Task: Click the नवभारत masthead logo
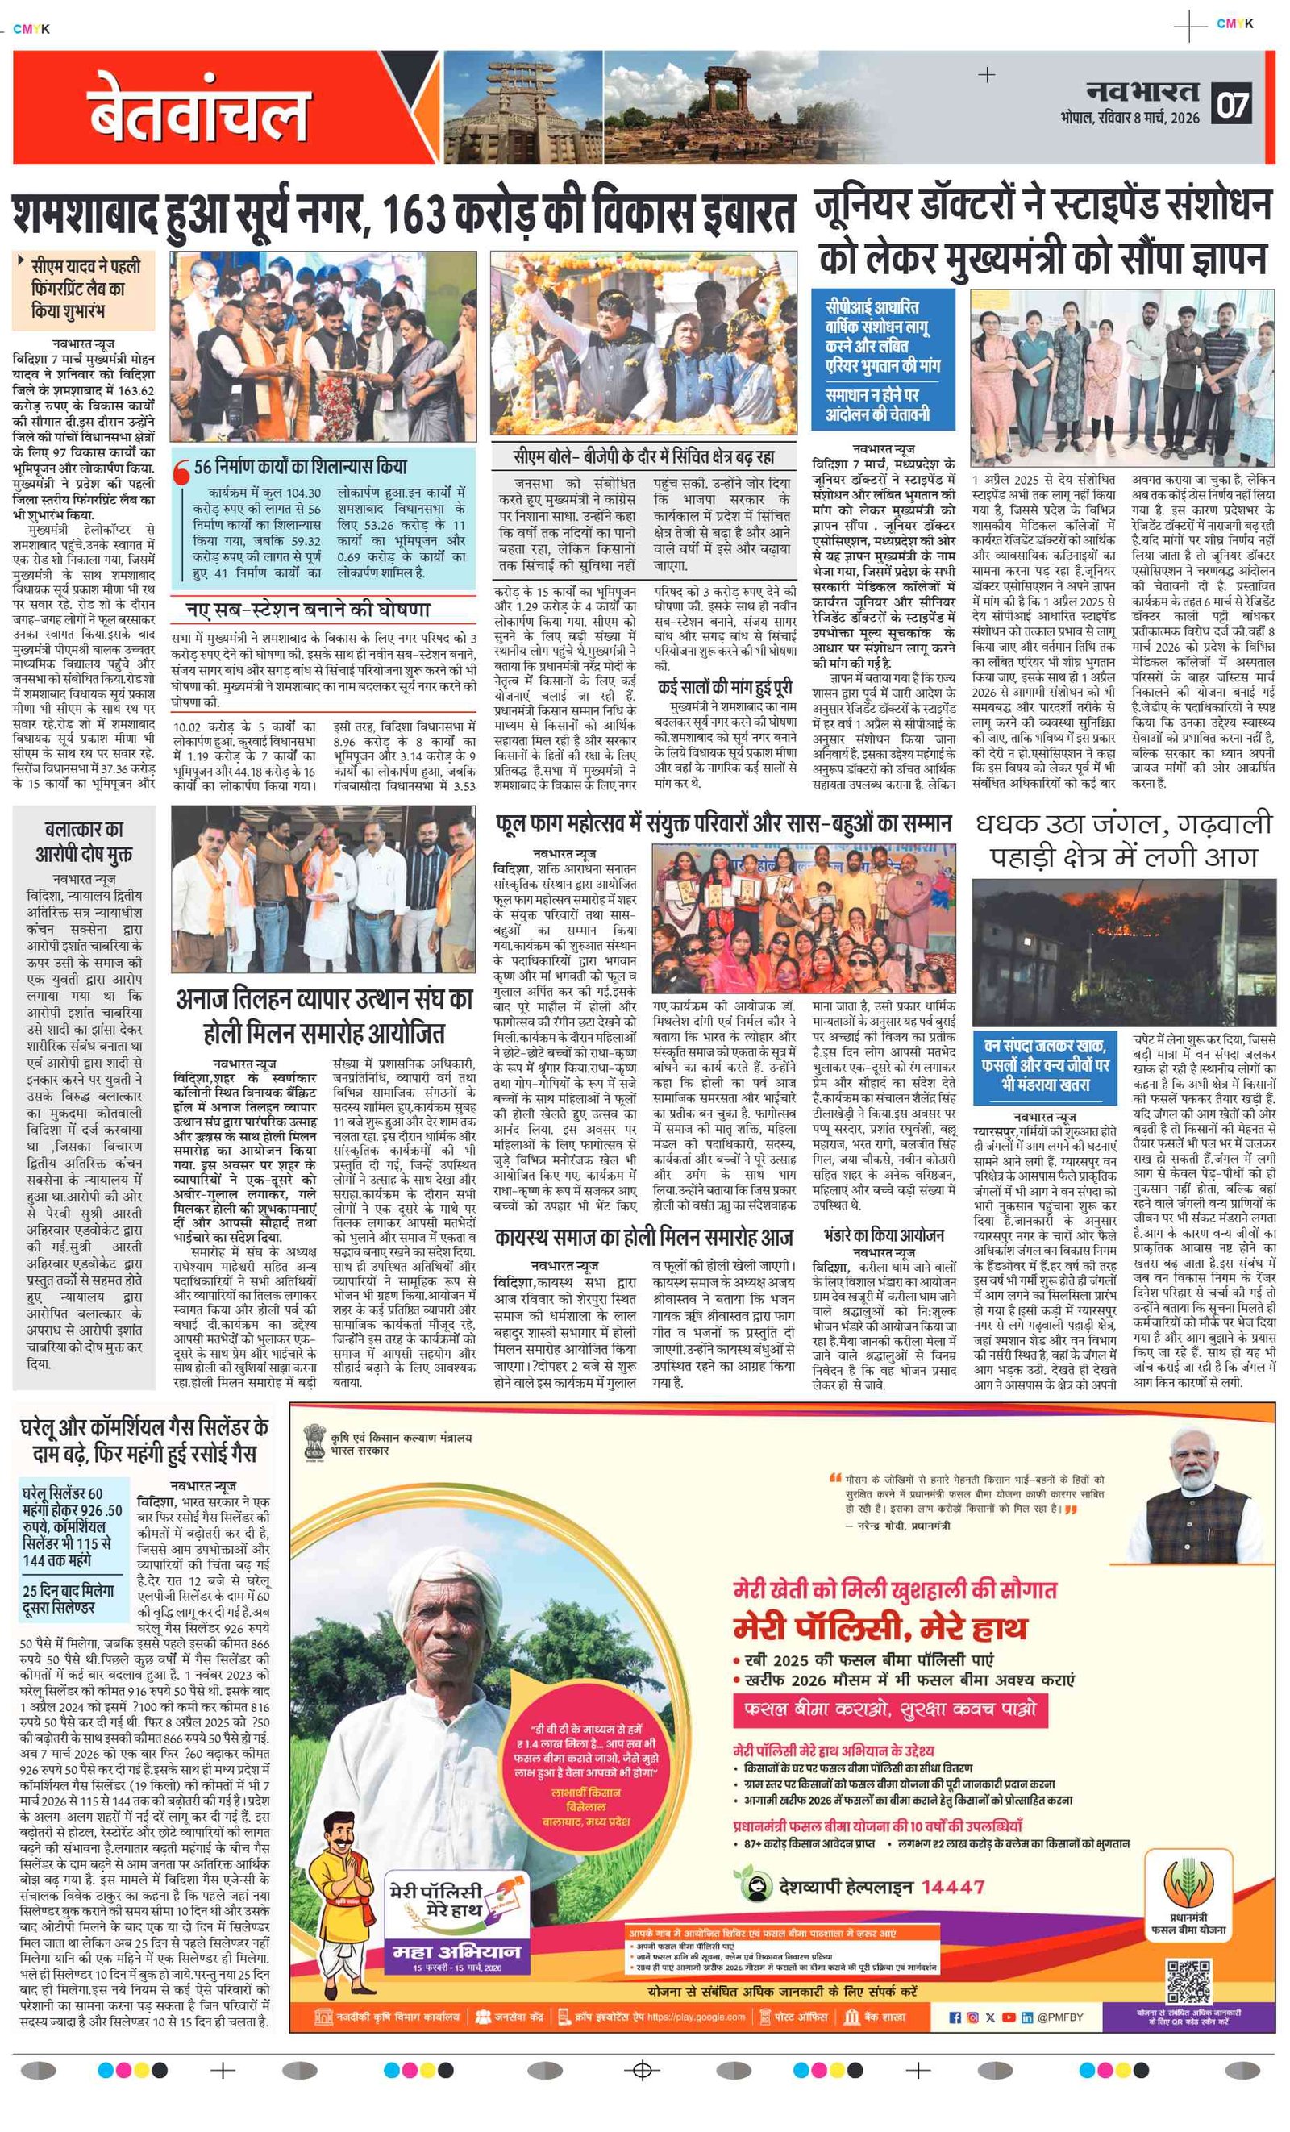[1143, 91]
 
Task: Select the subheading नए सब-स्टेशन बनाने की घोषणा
[308, 609]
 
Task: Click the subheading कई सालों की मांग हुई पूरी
[725, 688]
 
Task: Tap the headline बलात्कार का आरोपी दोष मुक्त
[84, 842]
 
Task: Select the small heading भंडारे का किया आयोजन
[884, 1235]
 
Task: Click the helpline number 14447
[951, 1886]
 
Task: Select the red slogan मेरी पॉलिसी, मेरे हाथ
[880, 1627]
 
